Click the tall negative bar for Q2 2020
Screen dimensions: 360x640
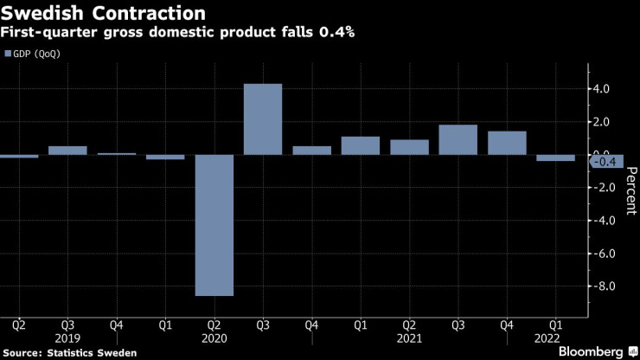pos(214,225)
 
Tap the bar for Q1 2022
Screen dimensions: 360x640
pos(555,158)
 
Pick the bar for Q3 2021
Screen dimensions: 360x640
pos(458,140)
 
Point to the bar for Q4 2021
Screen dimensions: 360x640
pos(507,143)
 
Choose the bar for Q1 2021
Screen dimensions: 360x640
pos(361,145)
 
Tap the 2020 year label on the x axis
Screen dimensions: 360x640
pos(214,340)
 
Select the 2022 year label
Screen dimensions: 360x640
pos(547,340)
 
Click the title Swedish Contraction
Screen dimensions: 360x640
pos(103,14)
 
